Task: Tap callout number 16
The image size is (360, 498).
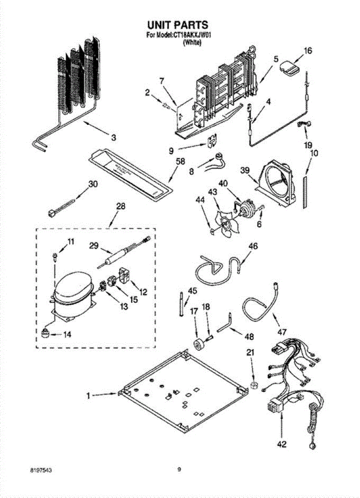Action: [x=307, y=51]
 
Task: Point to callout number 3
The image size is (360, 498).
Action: [x=113, y=137]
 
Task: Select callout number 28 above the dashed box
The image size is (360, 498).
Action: [x=109, y=206]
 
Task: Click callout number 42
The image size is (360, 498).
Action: [x=281, y=444]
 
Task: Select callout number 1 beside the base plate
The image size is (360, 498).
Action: [x=88, y=396]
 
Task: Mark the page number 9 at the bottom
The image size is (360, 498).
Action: [x=179, y=470]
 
